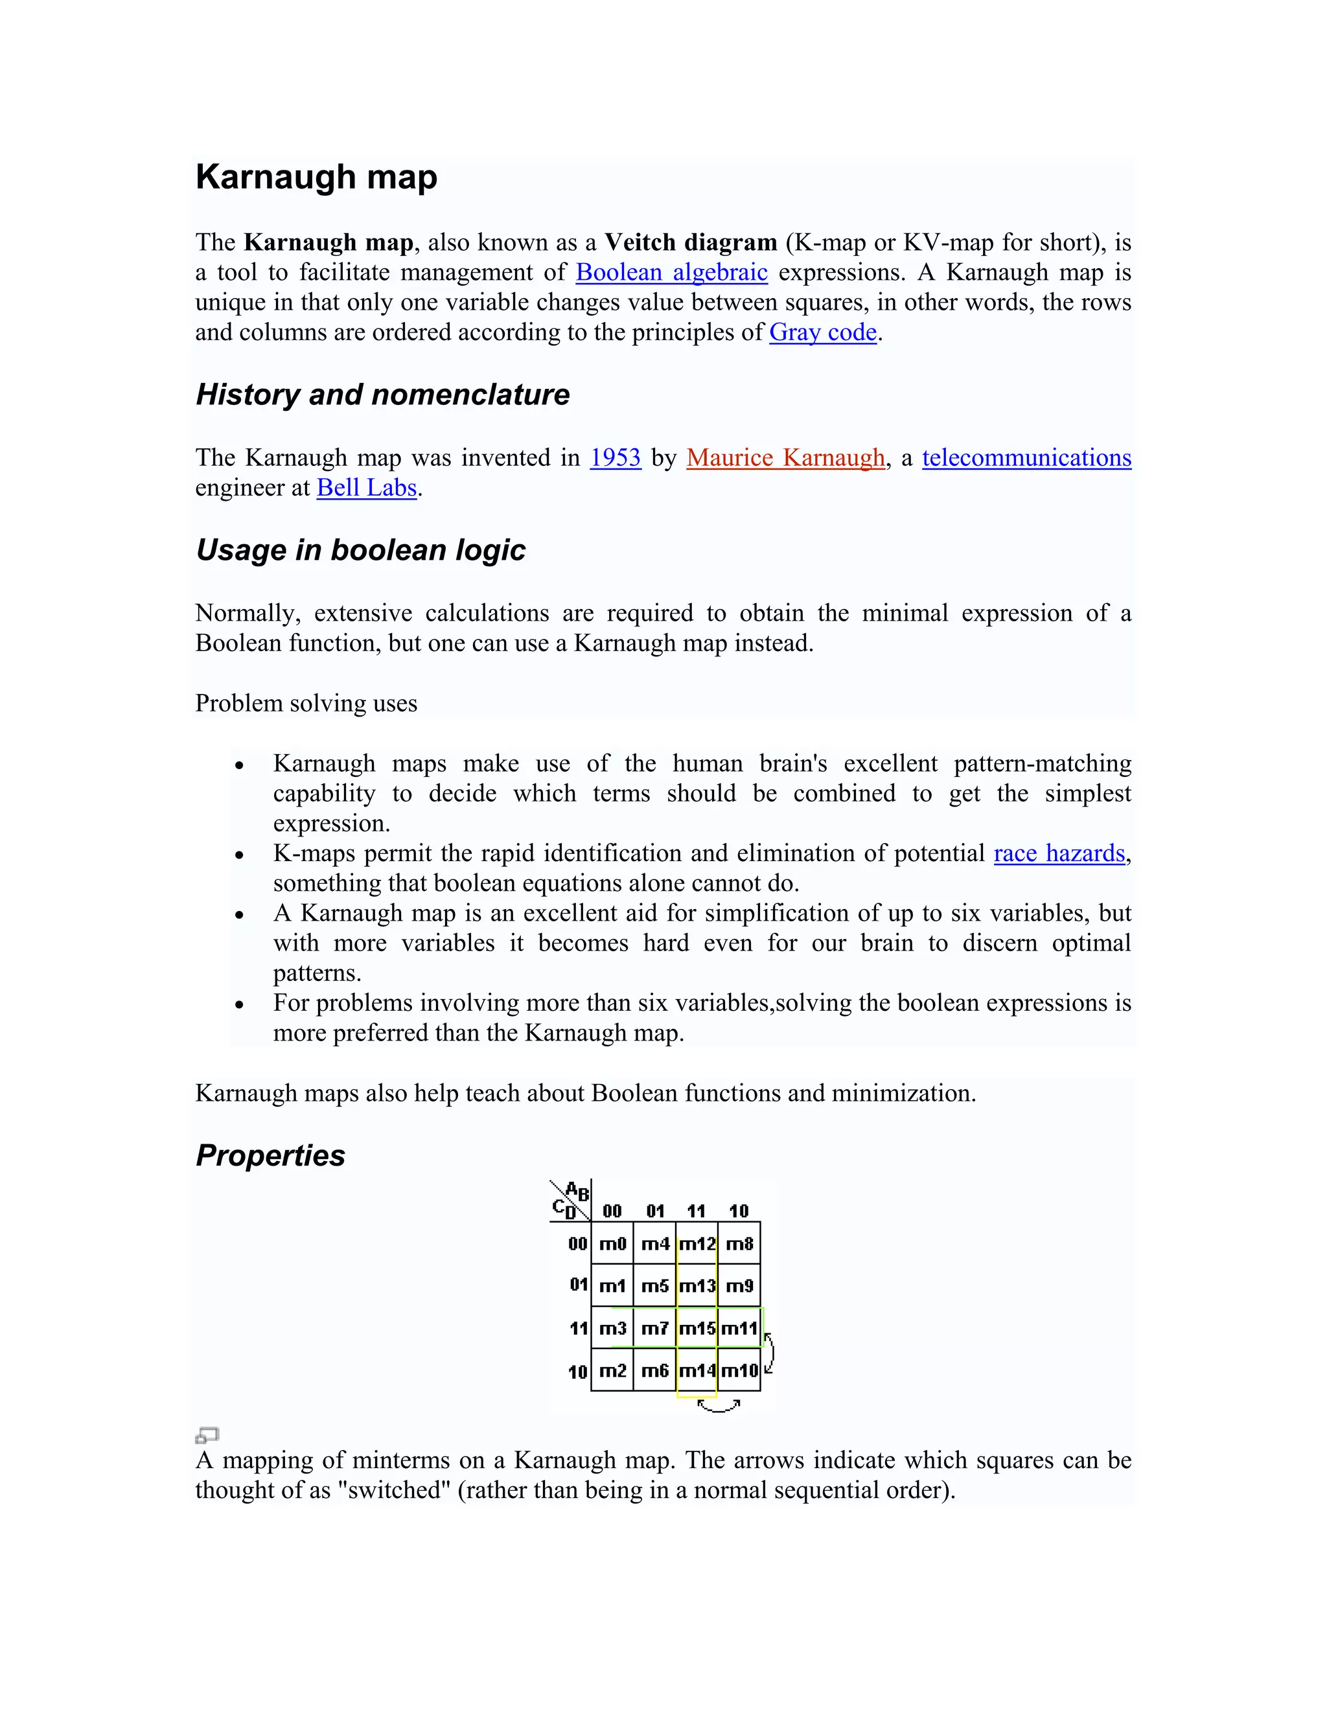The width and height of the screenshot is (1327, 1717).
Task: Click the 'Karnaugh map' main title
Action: point(316,177)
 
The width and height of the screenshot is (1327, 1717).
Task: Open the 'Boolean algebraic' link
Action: point(671,272)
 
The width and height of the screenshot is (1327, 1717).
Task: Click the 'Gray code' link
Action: point(822,332)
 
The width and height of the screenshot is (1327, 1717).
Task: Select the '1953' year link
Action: point(616,457)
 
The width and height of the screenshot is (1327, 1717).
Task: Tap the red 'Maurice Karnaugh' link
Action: point(785,457)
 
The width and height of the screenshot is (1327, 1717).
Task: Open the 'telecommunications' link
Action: point(1026,457)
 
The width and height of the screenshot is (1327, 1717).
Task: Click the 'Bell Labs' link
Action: point(366,487)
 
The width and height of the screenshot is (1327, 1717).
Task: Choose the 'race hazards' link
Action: point(1059,853)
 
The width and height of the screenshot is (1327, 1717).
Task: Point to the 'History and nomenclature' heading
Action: point(382,395)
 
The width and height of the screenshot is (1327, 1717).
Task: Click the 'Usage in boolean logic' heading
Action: point(360,550)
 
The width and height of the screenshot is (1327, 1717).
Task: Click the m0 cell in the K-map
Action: point(612,1244)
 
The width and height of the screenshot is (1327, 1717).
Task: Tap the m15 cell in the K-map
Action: point(697,1329)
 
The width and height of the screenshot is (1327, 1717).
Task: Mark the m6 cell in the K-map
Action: point(655,1371)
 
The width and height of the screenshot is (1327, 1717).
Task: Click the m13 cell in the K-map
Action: point(697,1286)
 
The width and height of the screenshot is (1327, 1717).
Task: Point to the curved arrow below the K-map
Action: point(719,1407)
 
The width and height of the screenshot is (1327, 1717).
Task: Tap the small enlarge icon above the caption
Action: point(207,1436)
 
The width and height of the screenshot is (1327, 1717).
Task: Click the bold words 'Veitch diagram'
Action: point(690,242)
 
